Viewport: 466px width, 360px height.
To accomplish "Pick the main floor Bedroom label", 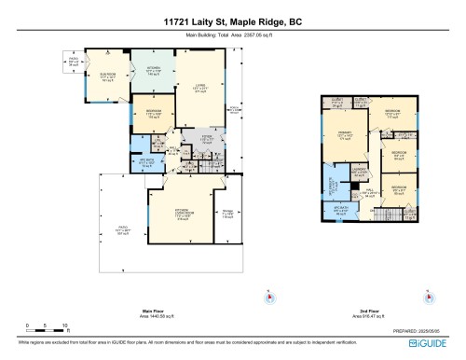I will (x=156, y=115).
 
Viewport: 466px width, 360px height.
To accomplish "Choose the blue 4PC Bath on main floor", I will (x=145, y=160).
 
